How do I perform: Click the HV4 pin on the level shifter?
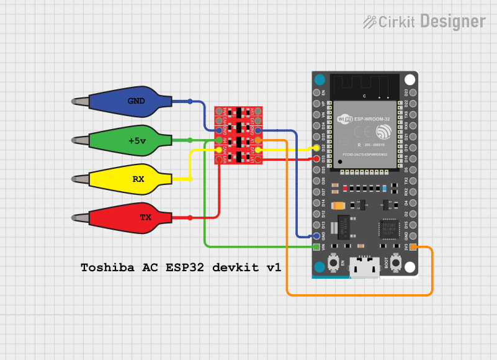(x=219, y=111)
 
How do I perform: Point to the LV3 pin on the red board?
(x=258, y=120)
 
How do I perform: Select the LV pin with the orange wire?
(x=258, y=140)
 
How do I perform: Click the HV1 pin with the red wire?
(x=219, y=160)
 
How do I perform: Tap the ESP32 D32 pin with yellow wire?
(x=316, y=148)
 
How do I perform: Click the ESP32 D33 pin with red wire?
(x=316, y=158)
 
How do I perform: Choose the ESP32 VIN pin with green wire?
(x=316, y=247)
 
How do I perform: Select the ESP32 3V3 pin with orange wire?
(x=413, y=247)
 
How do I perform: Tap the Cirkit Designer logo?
(x=424, y=22)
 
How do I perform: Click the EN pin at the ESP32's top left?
(x=316, y=92)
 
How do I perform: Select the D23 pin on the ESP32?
(x=413, y=92)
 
